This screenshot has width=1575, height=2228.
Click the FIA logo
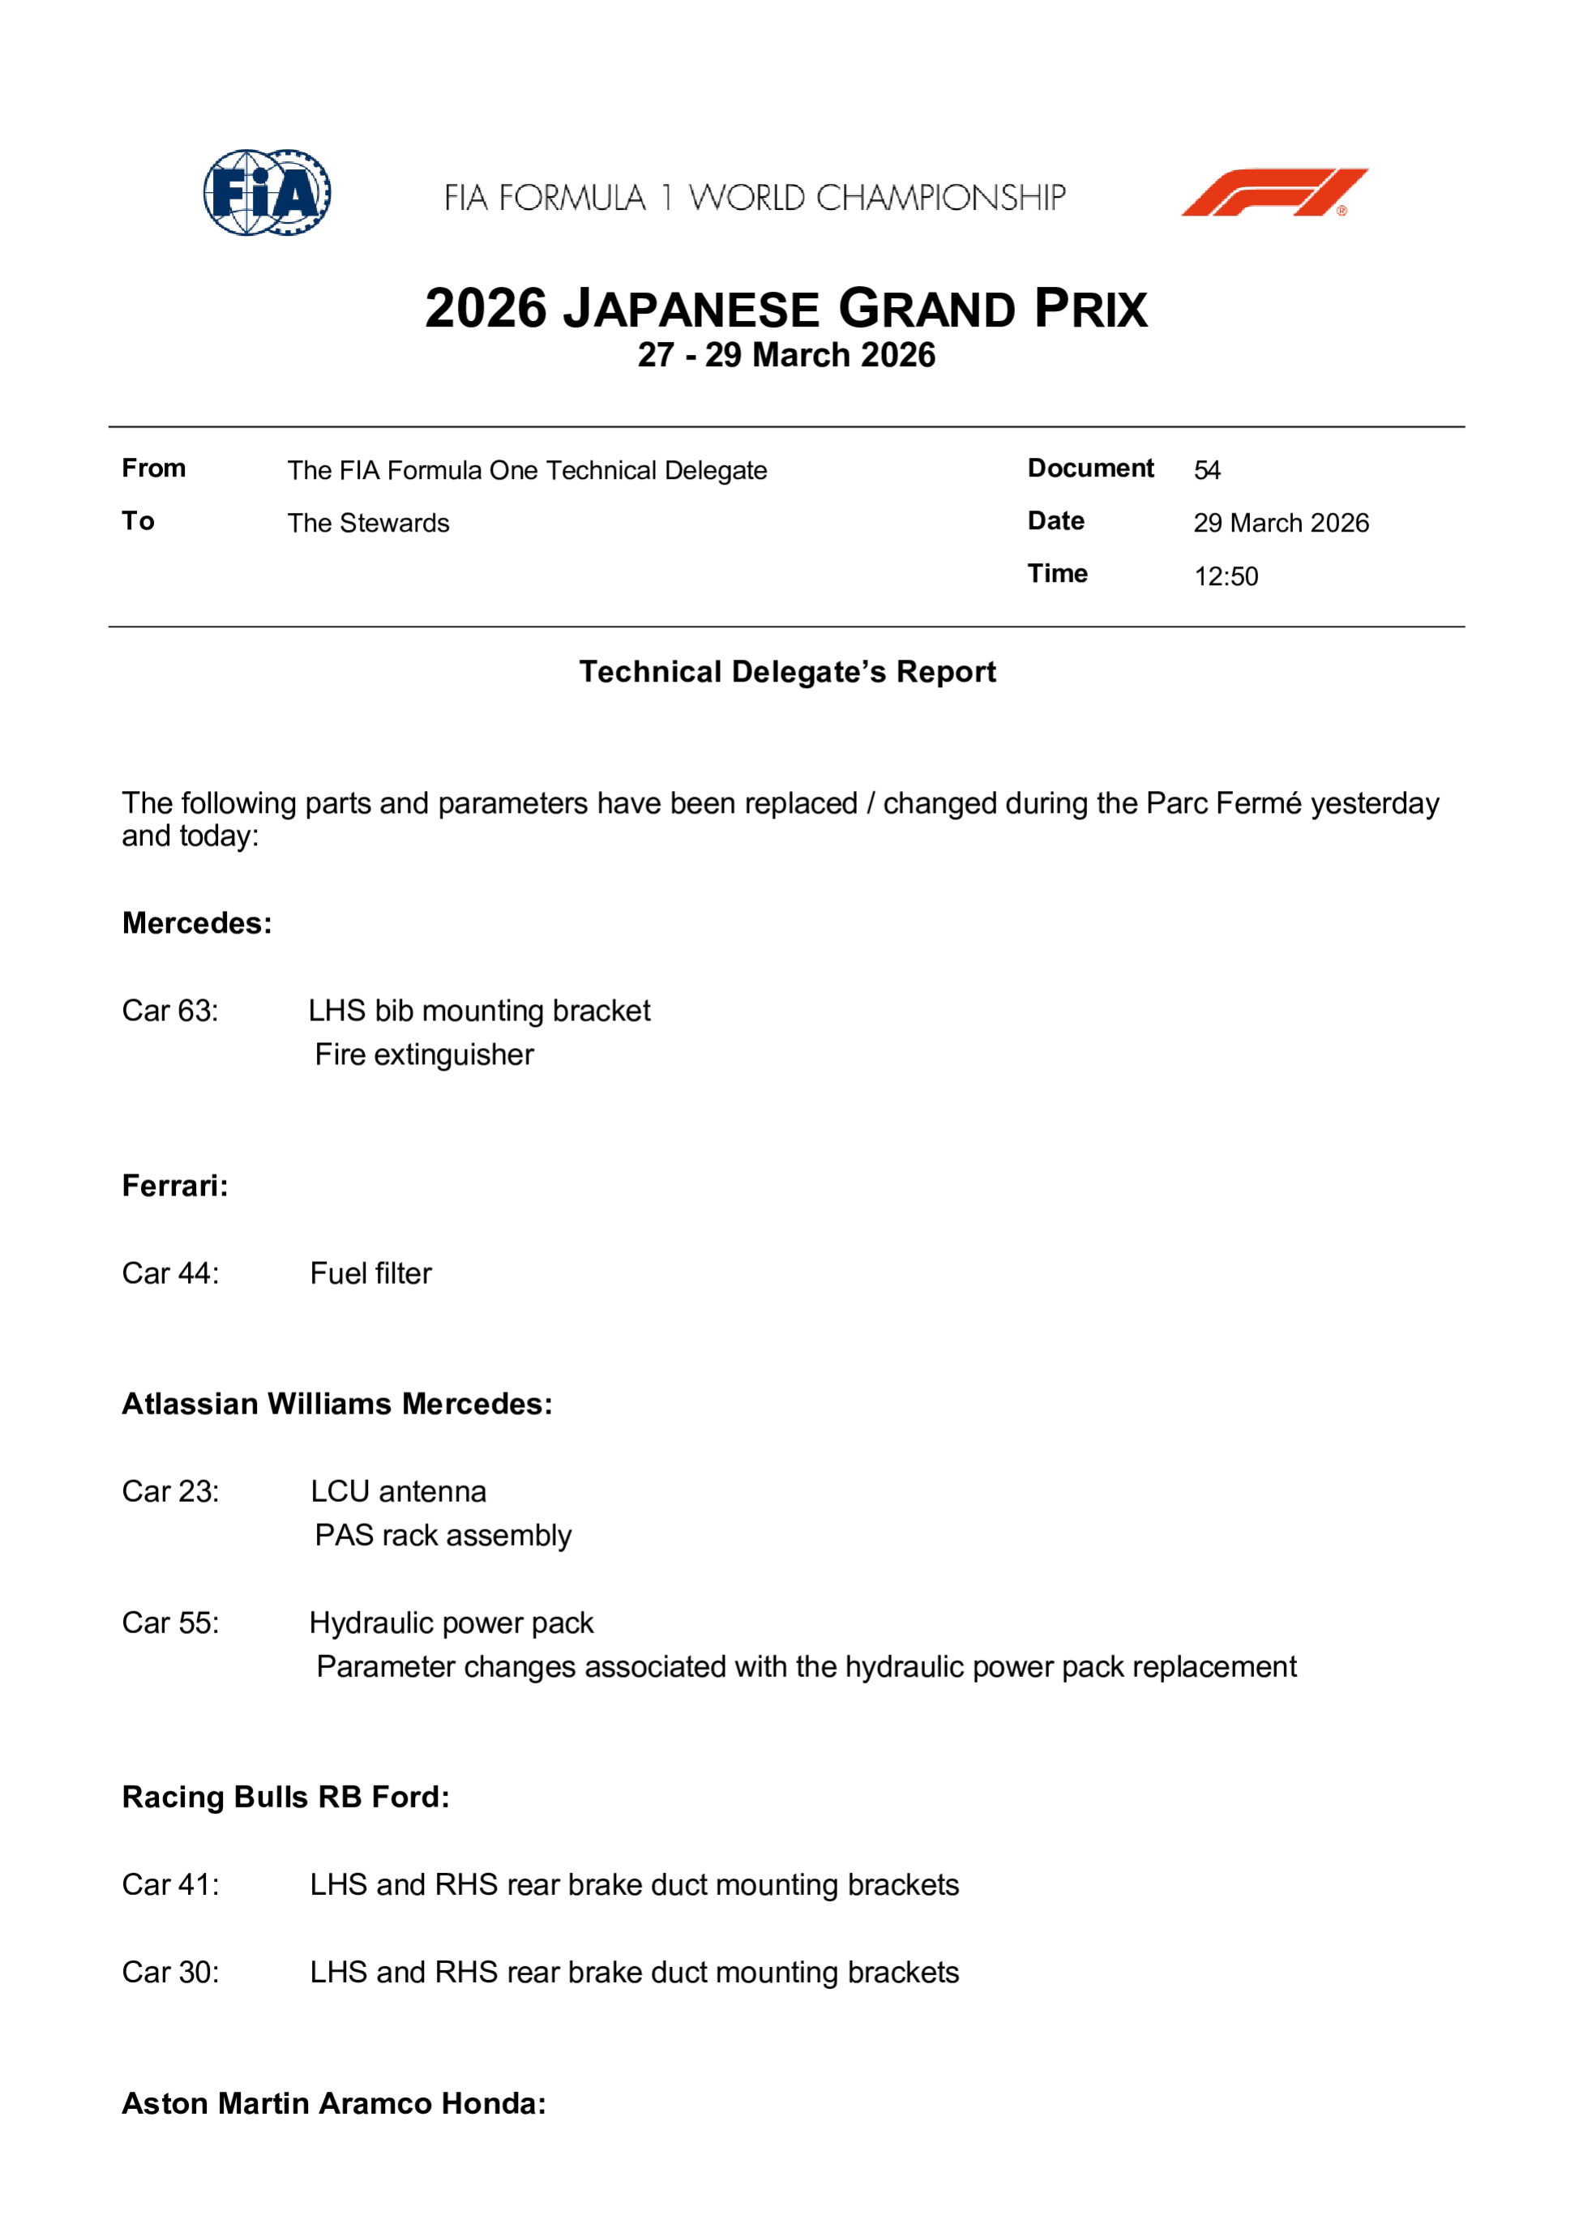[267, 192]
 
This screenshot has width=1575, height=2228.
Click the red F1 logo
[1273, 192]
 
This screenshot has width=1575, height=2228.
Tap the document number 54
[1206, 471]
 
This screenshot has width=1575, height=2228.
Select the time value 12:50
[1226, 576]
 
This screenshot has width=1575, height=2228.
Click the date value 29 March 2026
[1280, 523]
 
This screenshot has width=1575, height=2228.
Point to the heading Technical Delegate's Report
[787, 672]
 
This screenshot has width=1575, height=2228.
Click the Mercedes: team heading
[197, 923]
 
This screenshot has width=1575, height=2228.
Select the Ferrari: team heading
[174, 1186]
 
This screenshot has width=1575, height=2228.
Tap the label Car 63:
[170, 1011]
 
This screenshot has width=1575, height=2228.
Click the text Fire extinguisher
[424, 1054]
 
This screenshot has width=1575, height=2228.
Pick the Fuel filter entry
[370, 1273]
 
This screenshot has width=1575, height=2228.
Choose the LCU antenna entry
[398, 1491]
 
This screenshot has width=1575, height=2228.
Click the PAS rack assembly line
[443, 1535]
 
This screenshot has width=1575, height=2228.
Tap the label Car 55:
[170, 1623]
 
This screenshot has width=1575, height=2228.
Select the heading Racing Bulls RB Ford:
[285, 1797]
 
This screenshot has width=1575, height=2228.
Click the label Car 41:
[170, 1884]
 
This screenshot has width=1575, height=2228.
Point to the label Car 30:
[170, 1972]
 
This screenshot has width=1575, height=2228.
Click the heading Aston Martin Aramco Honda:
[334, 2103]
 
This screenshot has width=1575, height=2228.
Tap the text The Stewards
[368, 523]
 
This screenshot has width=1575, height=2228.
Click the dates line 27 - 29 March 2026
[786, 355]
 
